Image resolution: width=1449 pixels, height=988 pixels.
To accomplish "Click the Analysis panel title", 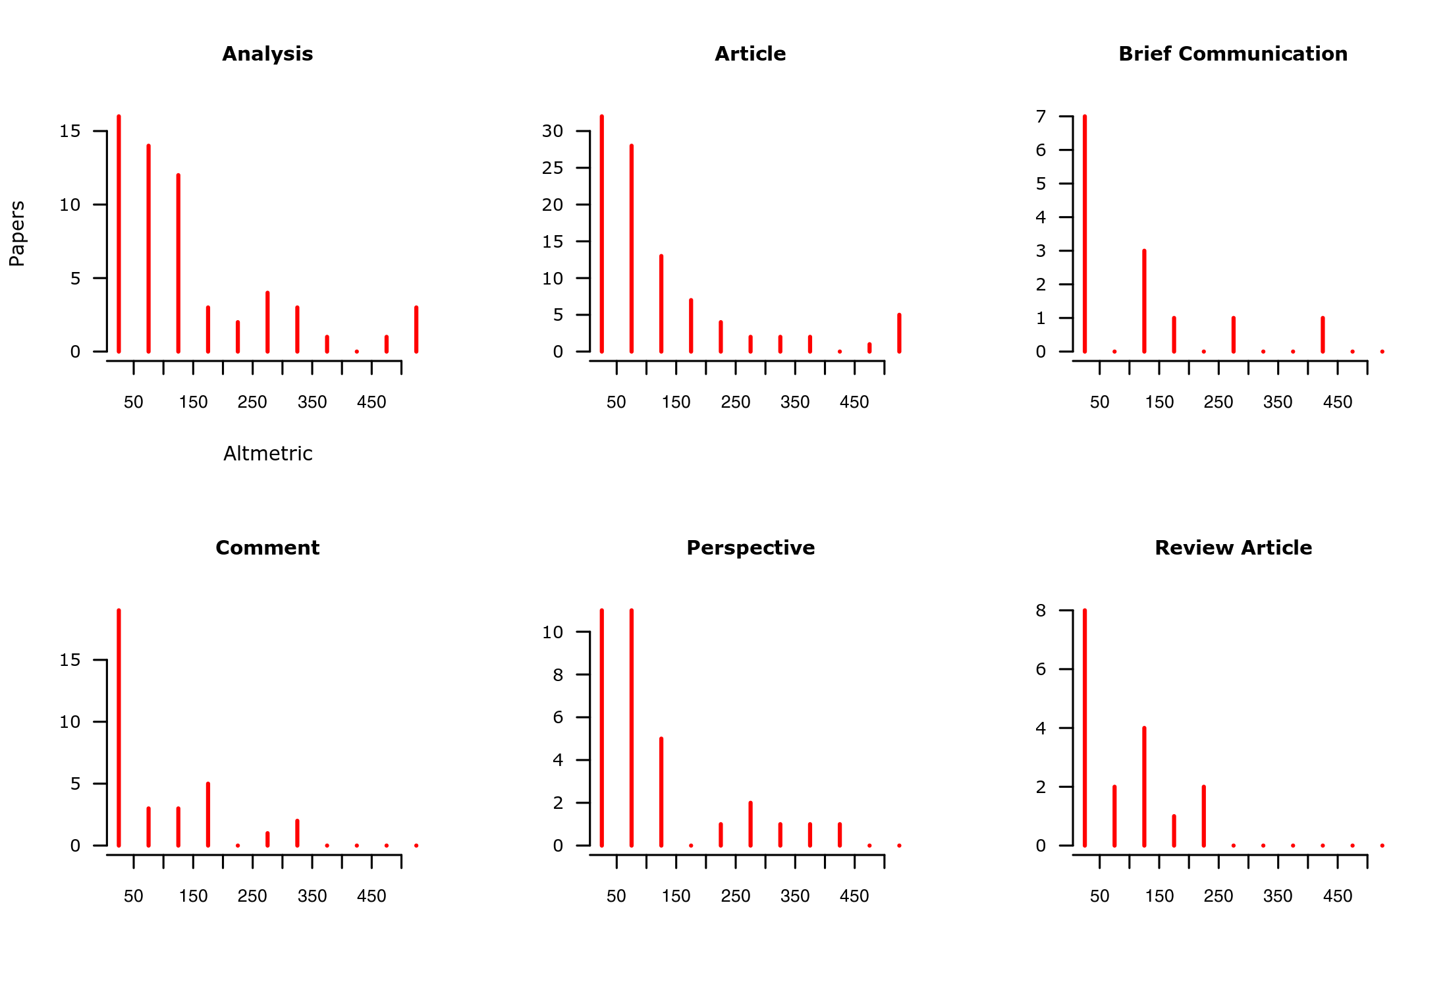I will click(267, 54).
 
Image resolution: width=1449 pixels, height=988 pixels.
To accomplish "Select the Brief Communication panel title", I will click(1233, 54).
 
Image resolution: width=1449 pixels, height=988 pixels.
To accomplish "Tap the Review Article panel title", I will click(1233, 548).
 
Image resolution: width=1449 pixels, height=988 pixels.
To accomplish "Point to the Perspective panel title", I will click(750, 548).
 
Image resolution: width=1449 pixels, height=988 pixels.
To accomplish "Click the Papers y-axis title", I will click(17, 234).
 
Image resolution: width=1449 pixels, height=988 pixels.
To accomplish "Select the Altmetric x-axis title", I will click(267, 454).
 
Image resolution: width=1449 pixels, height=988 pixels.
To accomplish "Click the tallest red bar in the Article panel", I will click(602, 234).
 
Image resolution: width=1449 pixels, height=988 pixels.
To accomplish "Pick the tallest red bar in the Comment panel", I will click(119, 728).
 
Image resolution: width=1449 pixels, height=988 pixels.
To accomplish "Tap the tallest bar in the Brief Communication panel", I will click(1085, 234).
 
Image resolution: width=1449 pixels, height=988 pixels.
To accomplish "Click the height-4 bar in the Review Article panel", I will click(1144, 786).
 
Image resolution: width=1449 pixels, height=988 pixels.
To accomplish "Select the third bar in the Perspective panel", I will click(661, 792).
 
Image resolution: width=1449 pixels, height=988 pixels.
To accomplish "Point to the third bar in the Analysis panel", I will click(178, 263).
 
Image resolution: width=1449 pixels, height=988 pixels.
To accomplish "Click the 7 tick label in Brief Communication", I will click(1041, 117).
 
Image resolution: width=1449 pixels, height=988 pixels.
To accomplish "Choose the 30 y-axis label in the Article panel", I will click(553, 131).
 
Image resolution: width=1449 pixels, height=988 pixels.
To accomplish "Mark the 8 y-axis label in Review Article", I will click(1041, 611).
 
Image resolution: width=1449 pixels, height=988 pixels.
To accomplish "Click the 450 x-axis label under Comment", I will click(371, 896).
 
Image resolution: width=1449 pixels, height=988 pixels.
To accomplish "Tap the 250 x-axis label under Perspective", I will click(735, 896).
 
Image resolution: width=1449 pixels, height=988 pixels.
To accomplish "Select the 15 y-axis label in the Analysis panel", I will click(70, 131).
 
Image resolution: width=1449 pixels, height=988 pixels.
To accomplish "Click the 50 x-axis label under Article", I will click(616, 402).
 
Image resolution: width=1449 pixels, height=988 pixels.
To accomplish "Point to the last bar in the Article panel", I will click(899, 333).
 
